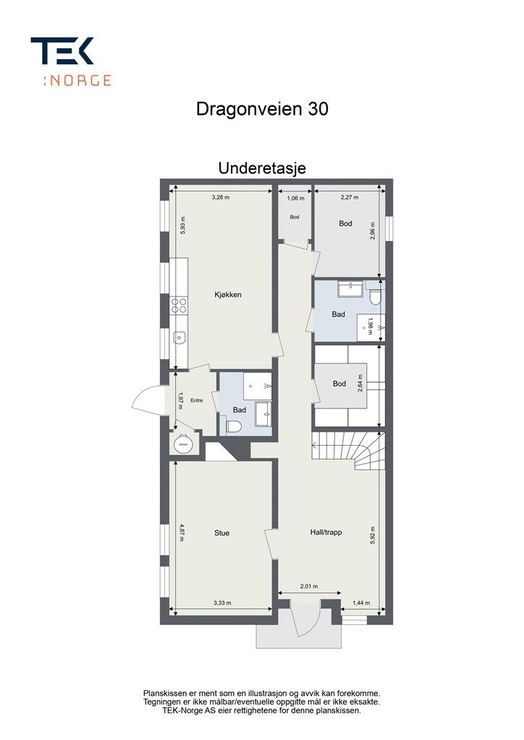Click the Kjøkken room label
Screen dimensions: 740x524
pyautogui.click(x=227, y=295)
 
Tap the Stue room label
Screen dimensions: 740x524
pyautogui.click(x=221, y=533)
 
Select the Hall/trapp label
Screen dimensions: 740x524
pyautogui.click(x=326, y=533)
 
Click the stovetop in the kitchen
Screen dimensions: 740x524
pyautogui.click(x=178, y=306)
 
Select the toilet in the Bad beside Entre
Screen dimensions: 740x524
pyautogui.click(x=234, y=426)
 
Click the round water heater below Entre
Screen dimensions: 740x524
pyautogui.click(x=182, y=444)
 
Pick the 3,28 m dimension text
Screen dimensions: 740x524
pyautogui.click(x=221, y=197)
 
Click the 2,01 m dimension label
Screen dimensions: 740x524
pyautogui.click(x=309, y=588)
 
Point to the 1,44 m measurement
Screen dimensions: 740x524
pyautogui.click(x=361, y=603)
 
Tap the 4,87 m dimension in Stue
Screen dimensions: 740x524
pyautogui.click(x=183, y=533)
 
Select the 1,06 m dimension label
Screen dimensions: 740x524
pyautogui.click(x=295, y=197)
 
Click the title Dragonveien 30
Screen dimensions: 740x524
pyautogui.click(x=262, y=109)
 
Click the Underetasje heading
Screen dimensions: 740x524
pyautogui.click(x=262, y=168)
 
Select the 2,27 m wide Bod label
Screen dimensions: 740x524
pyautogui.click(x=345, y=224)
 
